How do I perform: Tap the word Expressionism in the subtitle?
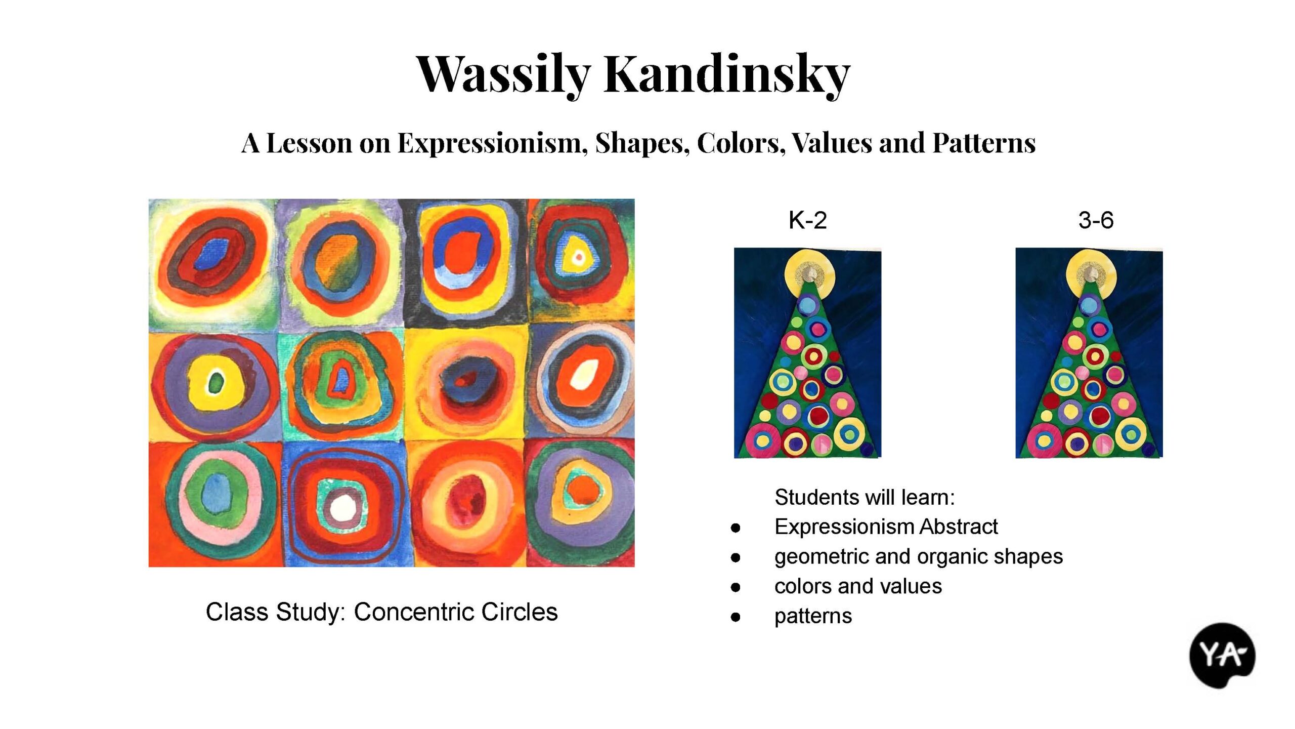[492, 143]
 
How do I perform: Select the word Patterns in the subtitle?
[984, 143]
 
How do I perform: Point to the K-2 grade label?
[807, 220]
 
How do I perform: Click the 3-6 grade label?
[1096, 220]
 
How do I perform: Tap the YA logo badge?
[1222, 656]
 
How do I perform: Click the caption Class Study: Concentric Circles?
[381, 612]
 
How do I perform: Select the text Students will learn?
[865, 497]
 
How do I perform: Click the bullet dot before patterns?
[736, 617]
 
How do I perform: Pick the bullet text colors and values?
[858, 586]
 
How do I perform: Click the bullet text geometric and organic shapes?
[919, 556]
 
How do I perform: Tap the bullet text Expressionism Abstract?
[886, 527]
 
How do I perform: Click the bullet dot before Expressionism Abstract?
[736, 528]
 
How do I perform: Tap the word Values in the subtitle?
[833, 143]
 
